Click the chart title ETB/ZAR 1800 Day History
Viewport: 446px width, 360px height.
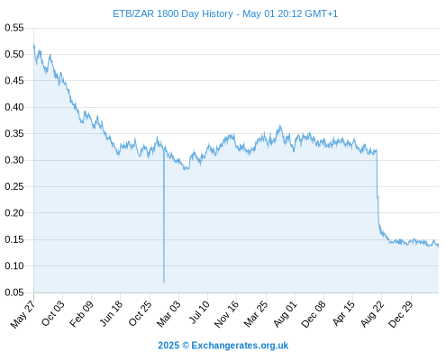[x=173, y=13]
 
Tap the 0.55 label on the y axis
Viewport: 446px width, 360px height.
[x=14, y=28]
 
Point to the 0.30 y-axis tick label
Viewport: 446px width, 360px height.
[x=14, y=160]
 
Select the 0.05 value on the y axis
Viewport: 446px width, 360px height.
[x=14, y=292]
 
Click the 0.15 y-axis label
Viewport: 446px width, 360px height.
[x=14, y=239]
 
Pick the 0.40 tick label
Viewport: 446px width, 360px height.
[x=14, y=107]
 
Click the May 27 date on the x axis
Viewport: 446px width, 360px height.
[x=23, y=314]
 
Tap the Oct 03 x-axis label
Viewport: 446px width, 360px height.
[x=53, y=313]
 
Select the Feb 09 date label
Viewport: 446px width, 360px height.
[x=82, y=313]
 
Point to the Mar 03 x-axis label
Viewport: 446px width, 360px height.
[x=169, y=313]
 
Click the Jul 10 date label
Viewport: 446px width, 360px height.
[x=199, y=312]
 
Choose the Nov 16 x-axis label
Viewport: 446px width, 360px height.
[x=227, y=314]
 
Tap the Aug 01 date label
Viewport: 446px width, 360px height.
[x=286, y=314]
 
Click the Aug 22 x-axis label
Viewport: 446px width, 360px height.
[x=372, y=314]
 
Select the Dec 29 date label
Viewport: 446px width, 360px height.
[x=401, y=314]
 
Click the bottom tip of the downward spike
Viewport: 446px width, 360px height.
[x=164, y=283]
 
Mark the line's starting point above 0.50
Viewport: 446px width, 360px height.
[x=33, y=45]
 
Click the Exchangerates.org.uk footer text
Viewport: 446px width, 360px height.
[x=240, y=346]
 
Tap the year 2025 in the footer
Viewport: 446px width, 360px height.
[x=168, y=346]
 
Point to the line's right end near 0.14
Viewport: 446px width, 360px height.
[x=439, y=246]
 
